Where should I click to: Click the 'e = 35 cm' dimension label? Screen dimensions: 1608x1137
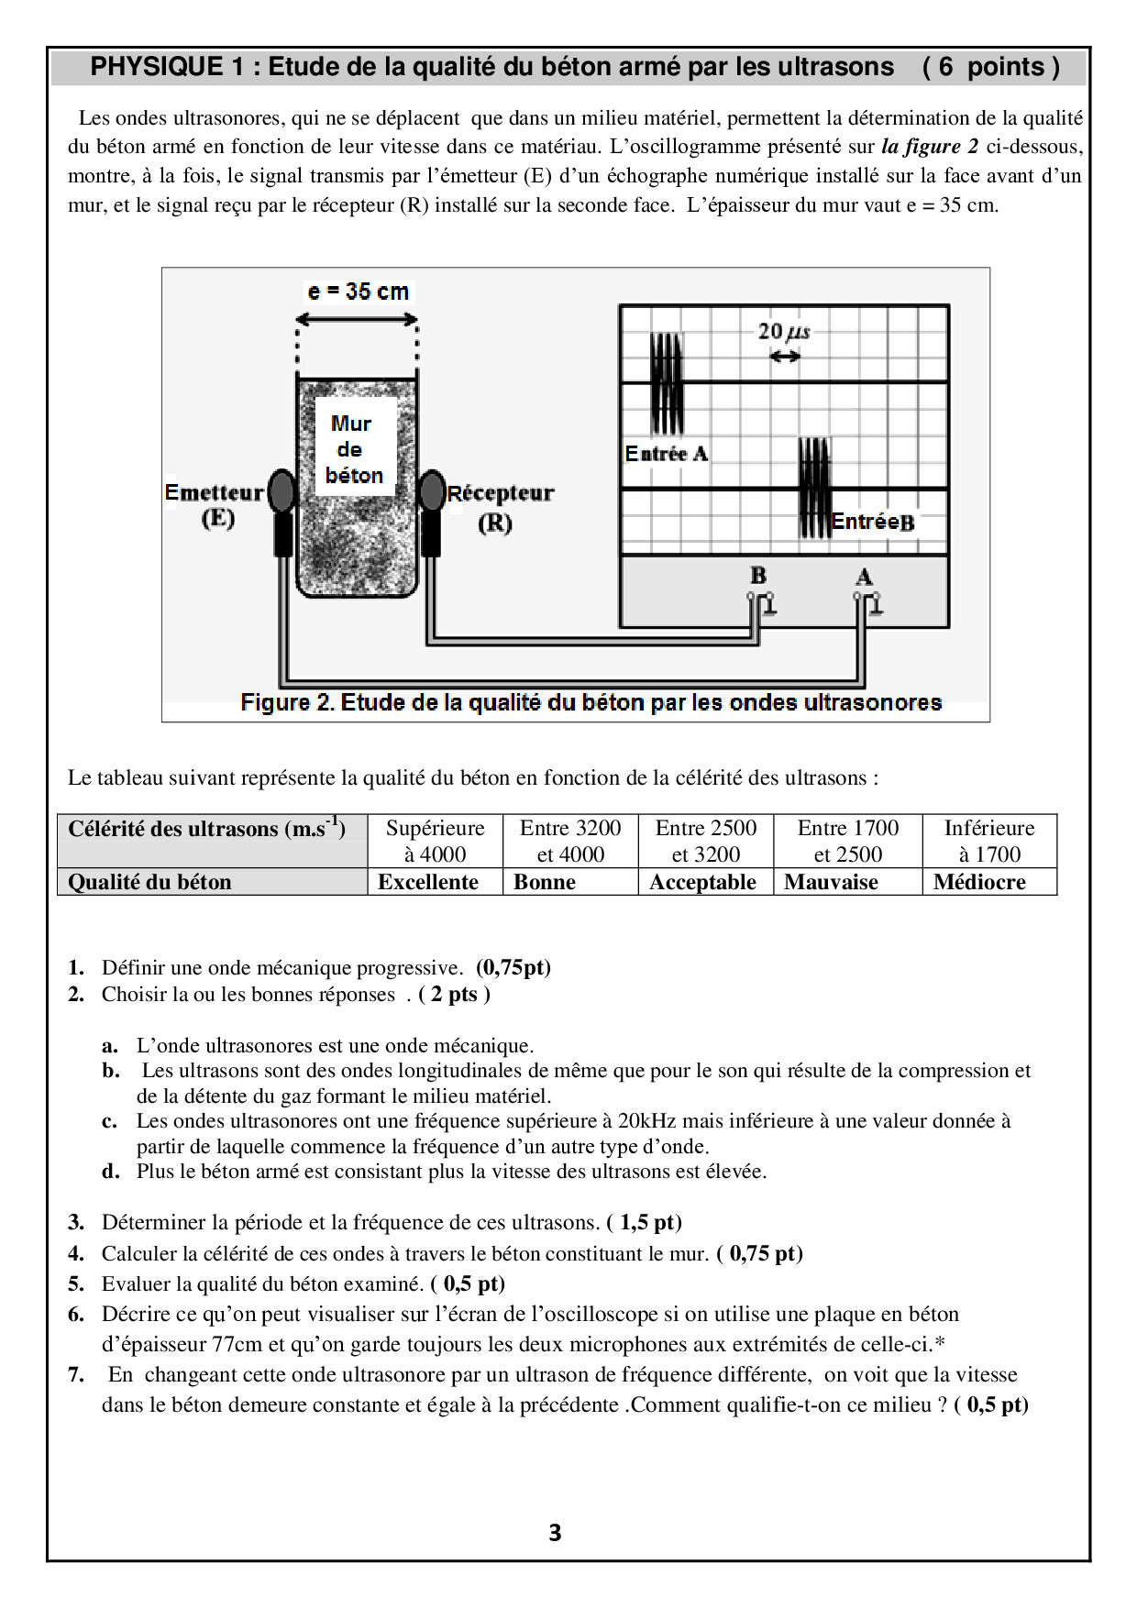[359, 292]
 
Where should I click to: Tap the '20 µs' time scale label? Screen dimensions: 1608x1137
[784, 331]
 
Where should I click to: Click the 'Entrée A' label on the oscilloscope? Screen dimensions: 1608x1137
[667, 454]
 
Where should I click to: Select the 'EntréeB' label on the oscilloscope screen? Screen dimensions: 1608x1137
[872, 522]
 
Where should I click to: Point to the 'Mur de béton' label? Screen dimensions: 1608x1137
[354, 449]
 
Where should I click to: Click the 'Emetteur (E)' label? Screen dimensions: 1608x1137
[215, 505]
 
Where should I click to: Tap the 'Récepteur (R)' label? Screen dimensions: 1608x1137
[500, 507]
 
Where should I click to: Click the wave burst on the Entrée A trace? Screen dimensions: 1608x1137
[667, 383]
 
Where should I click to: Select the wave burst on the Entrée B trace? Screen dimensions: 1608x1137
[814, 488]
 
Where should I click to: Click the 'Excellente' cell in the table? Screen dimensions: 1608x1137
[428, 882]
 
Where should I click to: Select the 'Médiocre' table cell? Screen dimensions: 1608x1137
[979, 882]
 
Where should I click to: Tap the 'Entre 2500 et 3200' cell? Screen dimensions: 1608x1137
[706, 841]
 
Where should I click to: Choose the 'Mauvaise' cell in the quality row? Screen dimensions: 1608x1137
[831, 882]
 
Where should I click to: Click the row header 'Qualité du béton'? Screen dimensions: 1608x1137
[150, 882]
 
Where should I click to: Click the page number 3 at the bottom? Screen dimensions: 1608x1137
[555, 1533]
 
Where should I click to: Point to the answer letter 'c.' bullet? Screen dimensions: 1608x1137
[110, 1121]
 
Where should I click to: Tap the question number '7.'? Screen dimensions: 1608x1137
[76, 1374]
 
